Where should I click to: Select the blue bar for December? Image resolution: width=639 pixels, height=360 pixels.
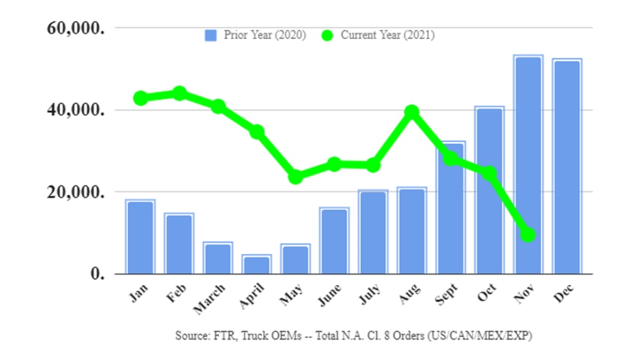[567, 166]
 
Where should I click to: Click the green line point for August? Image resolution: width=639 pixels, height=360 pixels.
[411, 112]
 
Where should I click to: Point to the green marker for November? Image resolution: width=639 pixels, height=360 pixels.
[528, 234]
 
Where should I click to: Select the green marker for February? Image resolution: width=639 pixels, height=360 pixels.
[179, 93]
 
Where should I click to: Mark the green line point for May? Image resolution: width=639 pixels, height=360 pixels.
[295, 177]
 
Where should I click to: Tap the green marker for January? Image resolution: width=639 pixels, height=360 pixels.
[141, 98]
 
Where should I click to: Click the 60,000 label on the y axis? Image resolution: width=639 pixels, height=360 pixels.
[73, 28]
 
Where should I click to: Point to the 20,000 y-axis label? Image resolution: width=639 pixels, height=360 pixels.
[73, 192]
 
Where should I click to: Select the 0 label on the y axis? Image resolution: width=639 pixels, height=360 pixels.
[95, 274]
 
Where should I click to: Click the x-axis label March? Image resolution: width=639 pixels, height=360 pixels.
[209, 299]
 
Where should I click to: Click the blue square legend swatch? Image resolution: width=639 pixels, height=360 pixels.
[211, 35]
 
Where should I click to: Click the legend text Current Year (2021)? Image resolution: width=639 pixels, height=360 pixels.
[387, 35]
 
